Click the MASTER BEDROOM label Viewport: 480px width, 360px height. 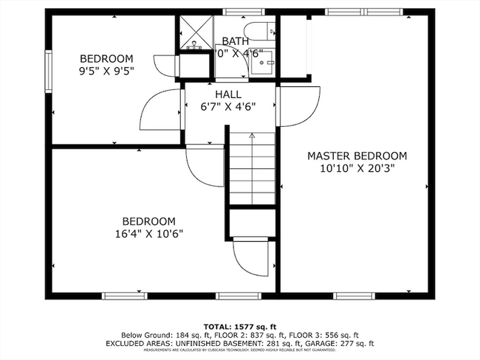pyautogui.click(x=357, y=156)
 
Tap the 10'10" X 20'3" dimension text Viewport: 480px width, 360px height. pyautogui.click(x=357, y=167)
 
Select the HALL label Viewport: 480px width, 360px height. pyautogui.click(x=228, y=94)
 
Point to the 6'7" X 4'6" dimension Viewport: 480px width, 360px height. pyautogui.click(x=228, y=106)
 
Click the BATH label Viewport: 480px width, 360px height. pyautogui.click(x=236, y=41)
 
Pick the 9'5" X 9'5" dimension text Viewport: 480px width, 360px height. pyautogui.click(x=106, y=72)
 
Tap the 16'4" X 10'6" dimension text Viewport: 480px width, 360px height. pyautogui.click(x=148, y=233)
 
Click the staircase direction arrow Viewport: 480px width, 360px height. pyautogui.click(x=251, y=137)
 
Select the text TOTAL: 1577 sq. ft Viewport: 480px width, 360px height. pyautogui.click(x=240, y=326)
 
